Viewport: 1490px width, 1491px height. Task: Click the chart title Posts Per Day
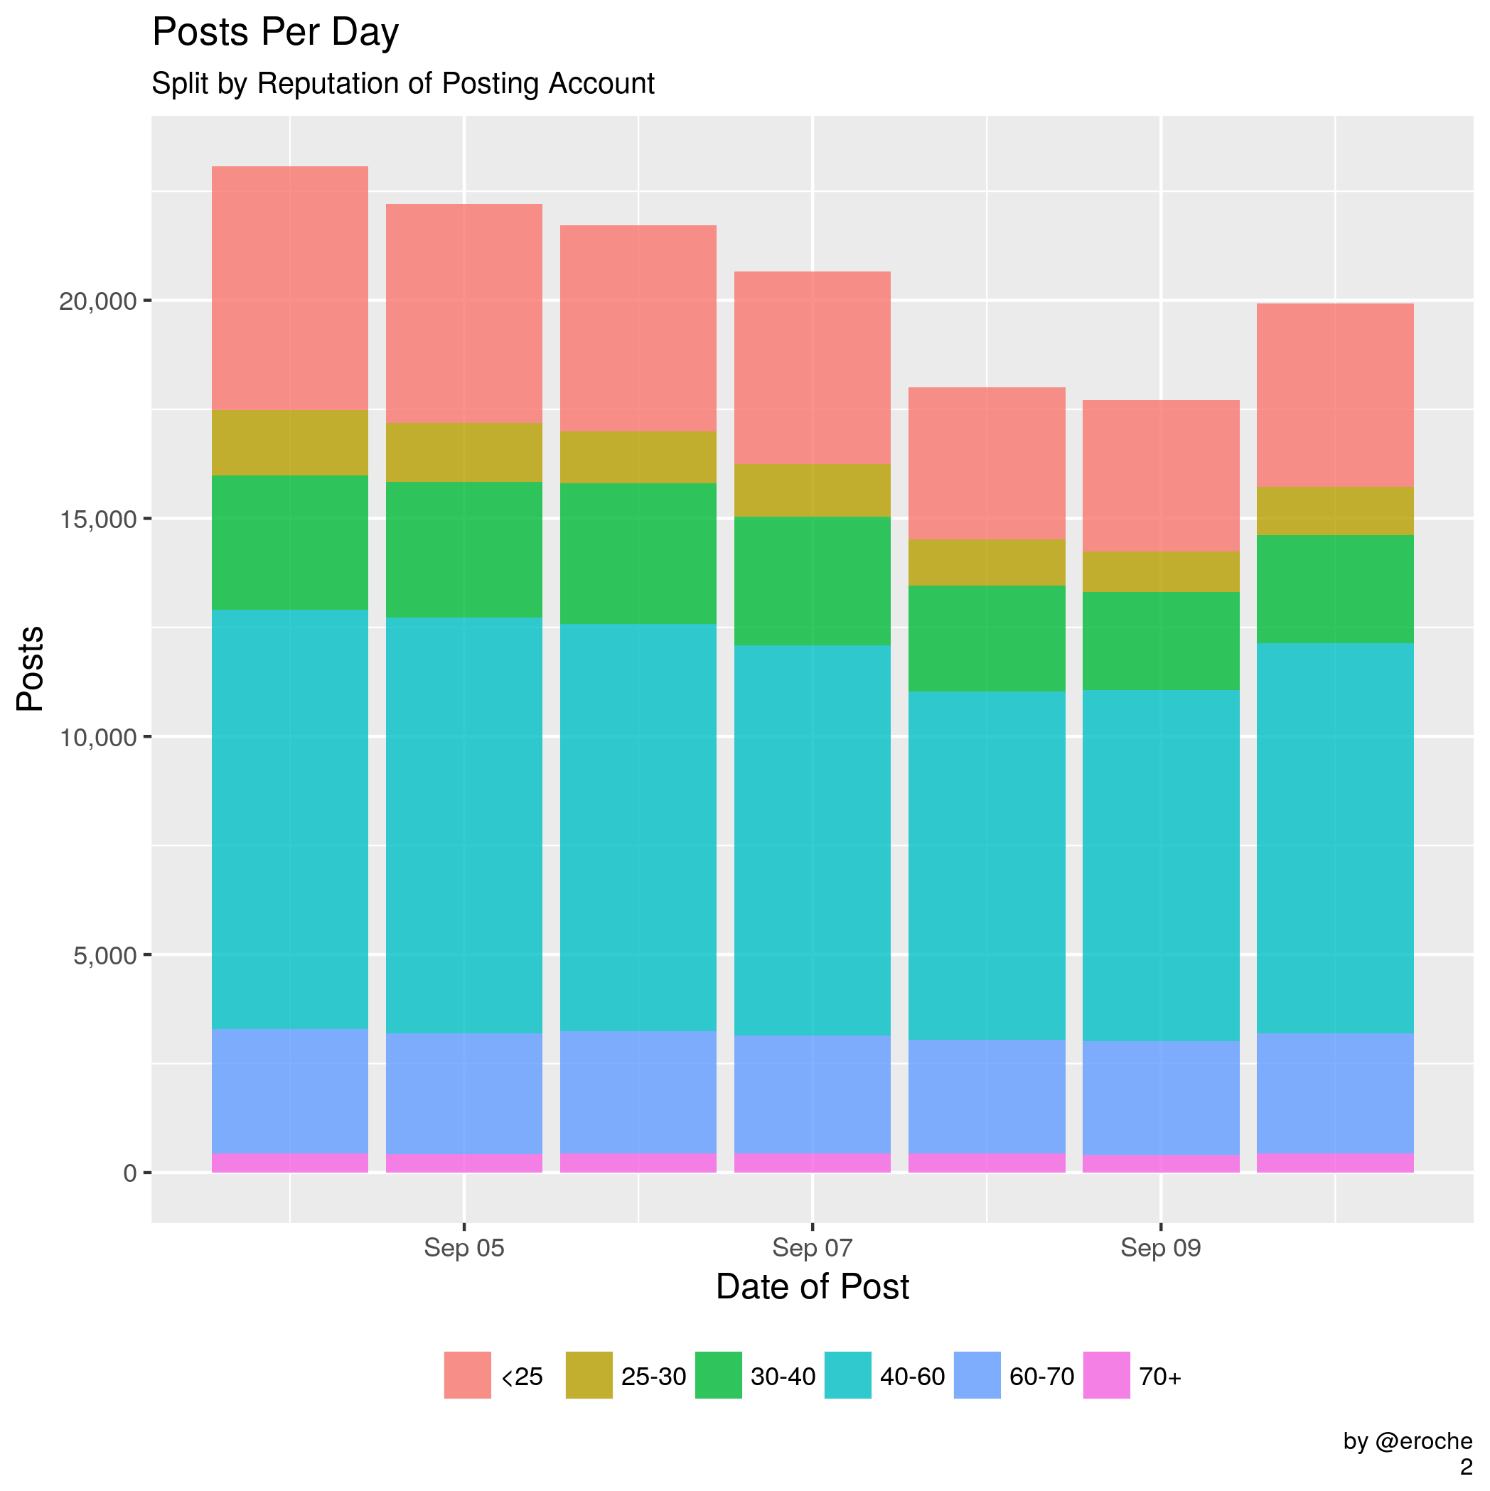tap(275, 34)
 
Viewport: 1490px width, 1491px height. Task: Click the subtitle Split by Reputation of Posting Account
tap(402, 83)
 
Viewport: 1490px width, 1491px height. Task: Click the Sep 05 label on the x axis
tap(464, 1248)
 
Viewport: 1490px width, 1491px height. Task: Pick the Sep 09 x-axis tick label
tap(1161, 1248)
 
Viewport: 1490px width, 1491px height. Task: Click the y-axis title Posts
tap(31, 668)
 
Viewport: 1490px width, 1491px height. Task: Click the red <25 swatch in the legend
tap(467, 1375)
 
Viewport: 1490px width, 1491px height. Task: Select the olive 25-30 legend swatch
tap(589, 1375)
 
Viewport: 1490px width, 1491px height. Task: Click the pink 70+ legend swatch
tap(1106, 1375)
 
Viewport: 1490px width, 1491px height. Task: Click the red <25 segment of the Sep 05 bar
tap(464, 313)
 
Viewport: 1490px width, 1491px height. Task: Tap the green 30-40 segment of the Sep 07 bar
tap(812, 581)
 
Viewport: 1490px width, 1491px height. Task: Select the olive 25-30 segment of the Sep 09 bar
tap(1161, 572)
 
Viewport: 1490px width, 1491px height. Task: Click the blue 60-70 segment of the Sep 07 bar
tap(812, 1094)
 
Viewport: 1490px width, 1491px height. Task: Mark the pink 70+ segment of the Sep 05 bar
tap(464, 1163)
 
